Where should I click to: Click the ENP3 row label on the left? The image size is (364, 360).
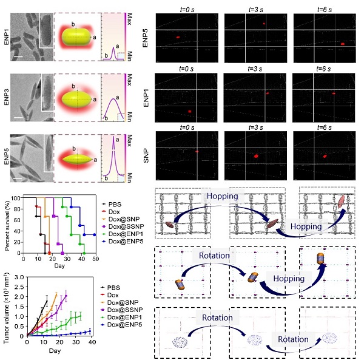click(x=5, y=95)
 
